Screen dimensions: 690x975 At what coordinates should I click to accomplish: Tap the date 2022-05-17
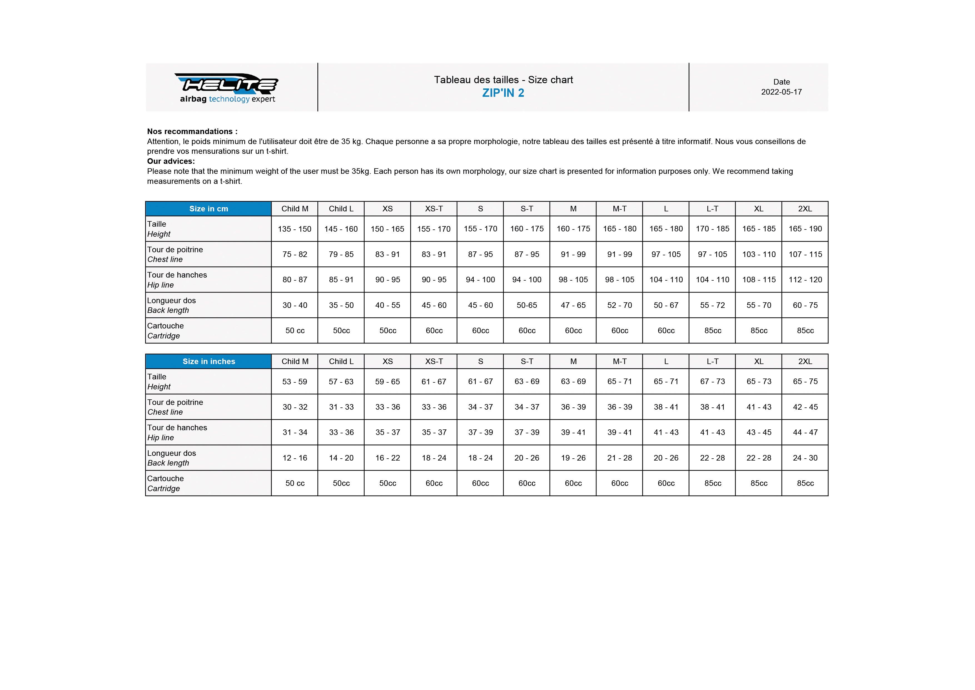coord(781,92)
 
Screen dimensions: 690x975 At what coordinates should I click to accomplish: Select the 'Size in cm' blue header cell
coord(208,209)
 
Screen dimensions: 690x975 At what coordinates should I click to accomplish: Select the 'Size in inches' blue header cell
coord(208,361)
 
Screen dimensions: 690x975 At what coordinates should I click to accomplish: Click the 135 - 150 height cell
coord(294,229)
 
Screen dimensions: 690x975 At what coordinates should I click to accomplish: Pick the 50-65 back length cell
coord(527,305)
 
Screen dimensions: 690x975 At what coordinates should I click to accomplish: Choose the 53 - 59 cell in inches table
coord(294,382)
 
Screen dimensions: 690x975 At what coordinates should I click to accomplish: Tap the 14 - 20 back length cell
coord(341,457)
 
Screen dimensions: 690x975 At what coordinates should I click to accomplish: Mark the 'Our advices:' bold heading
coord(171,161)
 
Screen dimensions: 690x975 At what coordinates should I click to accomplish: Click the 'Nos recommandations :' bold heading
coord(192,131)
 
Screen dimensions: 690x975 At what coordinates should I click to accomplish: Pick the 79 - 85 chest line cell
coord(341,254)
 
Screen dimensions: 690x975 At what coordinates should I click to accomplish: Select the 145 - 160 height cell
coord(341,229)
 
